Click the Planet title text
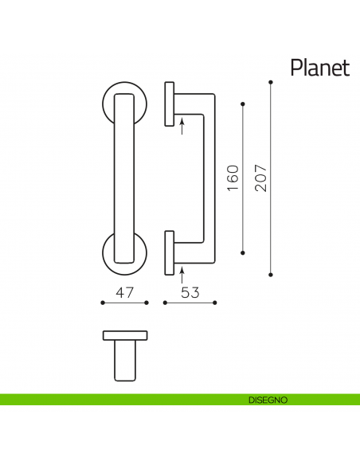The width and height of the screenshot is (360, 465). point(319,67)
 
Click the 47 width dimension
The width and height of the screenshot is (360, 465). point(124,292)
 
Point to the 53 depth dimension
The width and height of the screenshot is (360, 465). point(190,292)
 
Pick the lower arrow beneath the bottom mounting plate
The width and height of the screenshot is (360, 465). point(182,276)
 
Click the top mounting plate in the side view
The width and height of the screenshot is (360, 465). point(169,103)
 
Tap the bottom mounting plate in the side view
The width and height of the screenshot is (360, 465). point(169,252)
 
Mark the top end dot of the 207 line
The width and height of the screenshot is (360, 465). point(272,82)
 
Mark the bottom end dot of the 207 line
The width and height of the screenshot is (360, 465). point(272,275)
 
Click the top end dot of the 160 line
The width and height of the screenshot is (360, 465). point(243,104)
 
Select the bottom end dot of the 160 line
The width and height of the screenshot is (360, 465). point(243,252)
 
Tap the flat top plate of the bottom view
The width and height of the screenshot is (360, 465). point(124,334)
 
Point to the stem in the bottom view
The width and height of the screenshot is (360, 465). point(124,359)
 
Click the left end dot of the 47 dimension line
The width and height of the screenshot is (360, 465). point(103,303)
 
